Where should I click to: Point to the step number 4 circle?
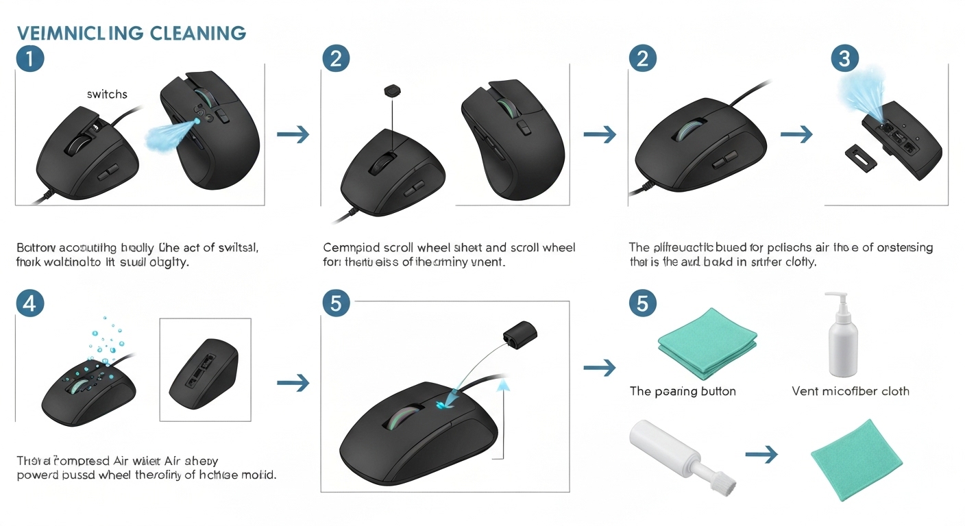(29, 303)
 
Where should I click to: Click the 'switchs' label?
(107, 94)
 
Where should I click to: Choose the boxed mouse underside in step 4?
(204, 370)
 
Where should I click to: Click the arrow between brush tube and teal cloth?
(761, 453)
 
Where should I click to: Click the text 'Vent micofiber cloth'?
(851, 391)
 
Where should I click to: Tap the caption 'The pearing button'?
(683, 391)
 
